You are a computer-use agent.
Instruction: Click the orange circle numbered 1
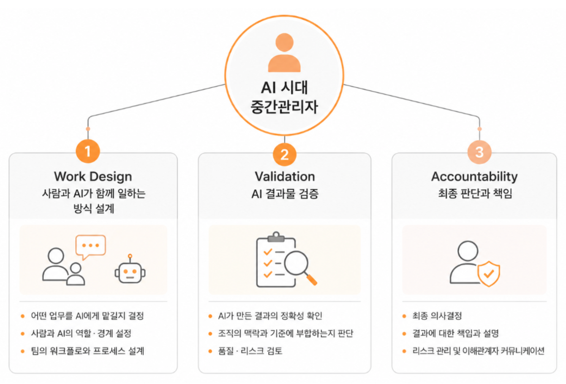tap(88, 151)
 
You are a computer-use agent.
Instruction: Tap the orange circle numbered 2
tap(285, 154)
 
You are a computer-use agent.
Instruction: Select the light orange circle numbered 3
tap(479, 152)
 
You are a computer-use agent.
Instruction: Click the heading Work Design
tap(93, 176)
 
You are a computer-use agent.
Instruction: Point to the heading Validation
tap(285, 176)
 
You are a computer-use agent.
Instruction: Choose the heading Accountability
tap(474, 176)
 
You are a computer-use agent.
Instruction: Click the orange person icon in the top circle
tap(284, 52)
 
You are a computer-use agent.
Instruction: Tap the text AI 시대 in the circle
tap(284, 87)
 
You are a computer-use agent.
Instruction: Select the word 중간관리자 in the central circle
tap(284, 106)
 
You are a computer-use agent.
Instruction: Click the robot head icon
tap(130, 269)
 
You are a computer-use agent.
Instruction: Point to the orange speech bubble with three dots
tap(90, 247)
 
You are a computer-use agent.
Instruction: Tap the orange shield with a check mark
tap(489, 274)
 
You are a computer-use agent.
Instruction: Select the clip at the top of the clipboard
tap(276, 237)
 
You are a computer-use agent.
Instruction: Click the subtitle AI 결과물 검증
tap(285, 194)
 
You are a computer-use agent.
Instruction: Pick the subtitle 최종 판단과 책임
tap(475, 194)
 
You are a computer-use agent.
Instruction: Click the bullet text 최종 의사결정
tap(437, 316)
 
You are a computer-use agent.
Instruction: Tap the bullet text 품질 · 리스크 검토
tap(250, 351)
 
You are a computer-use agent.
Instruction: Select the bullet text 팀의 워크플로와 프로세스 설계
tap(87, 351)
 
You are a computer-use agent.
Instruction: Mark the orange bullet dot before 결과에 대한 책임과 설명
tap(404, 334)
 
